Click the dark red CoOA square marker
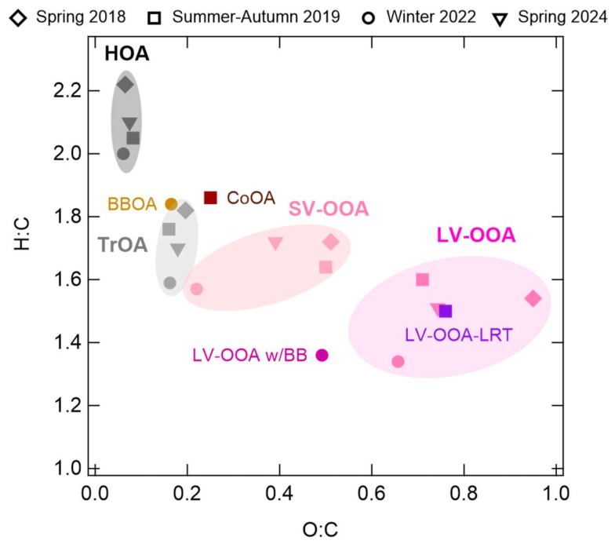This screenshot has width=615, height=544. [x=210, y=198]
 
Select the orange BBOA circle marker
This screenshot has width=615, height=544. [x=171, y=204]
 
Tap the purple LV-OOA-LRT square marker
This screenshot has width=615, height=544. [x=446, y=311]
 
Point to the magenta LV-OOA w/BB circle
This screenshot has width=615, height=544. [x=322, y=355]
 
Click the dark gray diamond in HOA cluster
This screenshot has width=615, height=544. [x=126, y=85]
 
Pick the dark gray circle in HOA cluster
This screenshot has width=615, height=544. [x=124, y=154]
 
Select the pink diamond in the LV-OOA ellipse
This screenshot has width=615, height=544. [x=533, y=298]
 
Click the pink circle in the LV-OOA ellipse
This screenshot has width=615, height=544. [x=398, y=361]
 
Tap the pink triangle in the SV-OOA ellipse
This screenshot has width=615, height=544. [x=275, y=243]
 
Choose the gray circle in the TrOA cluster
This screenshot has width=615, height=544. [x=169, y=283]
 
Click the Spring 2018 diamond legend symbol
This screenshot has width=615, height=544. [x=19, y=17]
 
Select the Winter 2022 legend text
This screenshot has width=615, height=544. [x=431, y=17]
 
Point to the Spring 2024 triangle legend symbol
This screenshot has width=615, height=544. [x=500, y=19]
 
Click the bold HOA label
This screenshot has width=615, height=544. [x=127, y=53]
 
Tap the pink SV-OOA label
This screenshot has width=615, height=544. [x=329, y=209]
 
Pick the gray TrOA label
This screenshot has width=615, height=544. [x=122, y=245]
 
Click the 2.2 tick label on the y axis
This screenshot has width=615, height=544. [x=67, y=91]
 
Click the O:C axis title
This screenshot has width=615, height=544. [x=320, y=530]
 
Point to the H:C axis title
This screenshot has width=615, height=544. [x=22, y=234]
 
